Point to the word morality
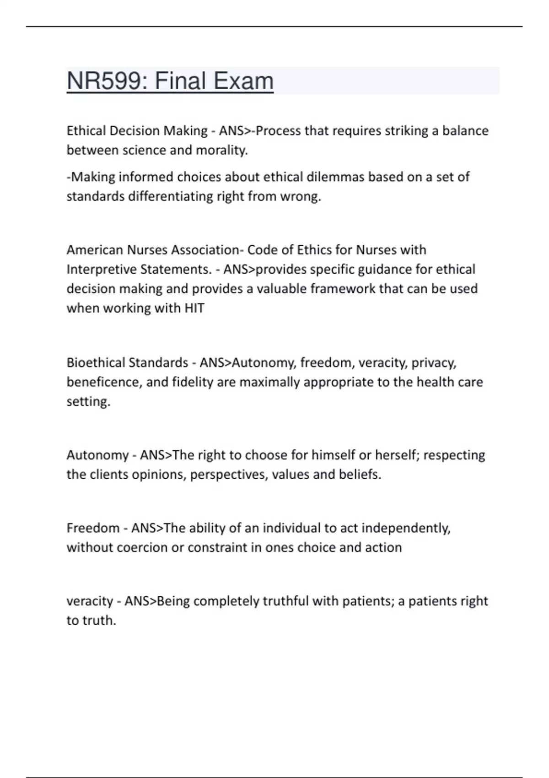222,150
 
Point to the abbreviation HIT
194,308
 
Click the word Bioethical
95,362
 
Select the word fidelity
193,382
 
